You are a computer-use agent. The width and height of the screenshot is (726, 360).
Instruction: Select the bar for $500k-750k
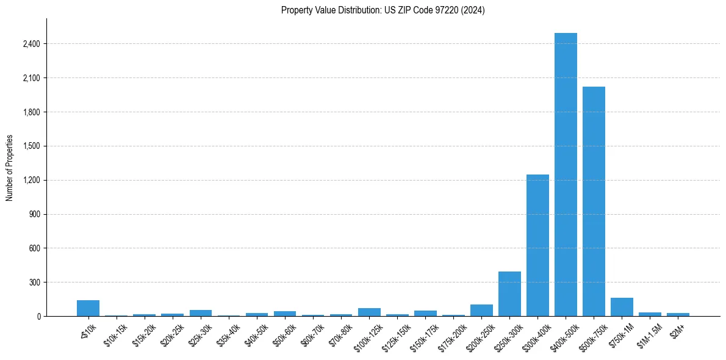(x=594, y=201)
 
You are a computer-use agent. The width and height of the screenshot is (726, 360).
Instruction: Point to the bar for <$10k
(x=88, y=308)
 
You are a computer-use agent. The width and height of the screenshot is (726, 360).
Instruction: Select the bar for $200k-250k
(x=481, y=311)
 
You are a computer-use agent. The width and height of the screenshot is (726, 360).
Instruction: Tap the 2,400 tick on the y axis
(x=31, y=44)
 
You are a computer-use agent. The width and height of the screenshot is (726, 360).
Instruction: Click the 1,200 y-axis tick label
(x=31, y=181)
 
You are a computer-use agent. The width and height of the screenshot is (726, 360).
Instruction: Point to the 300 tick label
(x=34, y=283)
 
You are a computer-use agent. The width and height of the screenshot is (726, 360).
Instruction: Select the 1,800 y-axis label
(x=31, y=112)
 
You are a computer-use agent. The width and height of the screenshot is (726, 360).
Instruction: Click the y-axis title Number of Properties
(x=10, y=167)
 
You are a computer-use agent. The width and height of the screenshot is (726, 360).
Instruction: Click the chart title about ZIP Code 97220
(x=383, y=10)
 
